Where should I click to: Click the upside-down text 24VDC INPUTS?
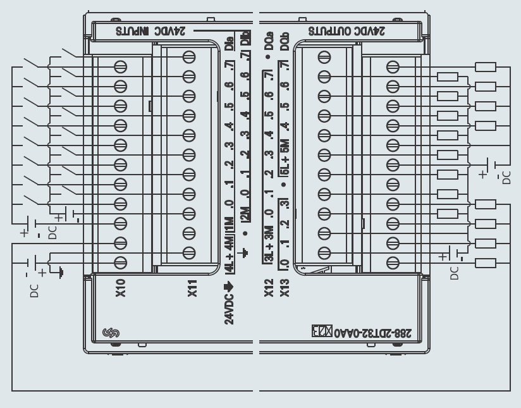click(x=145, y=30)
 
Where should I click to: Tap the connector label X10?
click(x=121, y=288)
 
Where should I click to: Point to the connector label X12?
click(x=268, y=288)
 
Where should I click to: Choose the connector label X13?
click(x=284, y=288)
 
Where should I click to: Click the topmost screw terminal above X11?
click(x=188, y=57)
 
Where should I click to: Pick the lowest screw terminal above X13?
click(x=324, y=253)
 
